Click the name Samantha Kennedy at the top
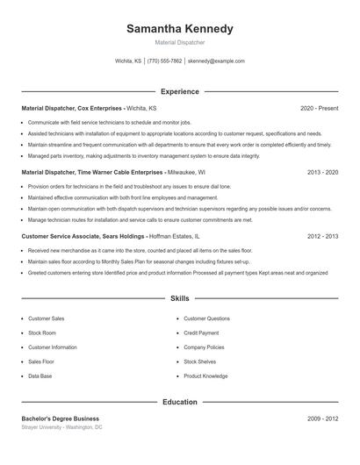pyautogui.click(x=180, y=29)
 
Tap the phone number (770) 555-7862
pyautogui.click(x=164, y=61)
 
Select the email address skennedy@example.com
pyautogui.click(x=216, y=61)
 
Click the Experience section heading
pyautogui.click(x=180, y=91)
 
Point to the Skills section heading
pyautogui.click(x=180, y=299)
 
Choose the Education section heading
pyautogui.click(x=180, y=402)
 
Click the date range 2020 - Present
pyautogui.click(x=319, y=108)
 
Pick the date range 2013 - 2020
pyautogui.click(x=322, y=173)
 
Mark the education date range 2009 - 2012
pyautogui.click(x=322, y=418)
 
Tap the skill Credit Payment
pyautogui.click(x=201, y=333)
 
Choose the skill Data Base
pyautogui.click(x=40, y=376)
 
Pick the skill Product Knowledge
pyautogui.click(x=206, y=376)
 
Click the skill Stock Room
pyautogui.click(x=41, y=333)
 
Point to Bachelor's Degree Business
pyautogui.click(x=61, y=418)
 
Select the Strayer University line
pyautogui.click(x=61, y=427)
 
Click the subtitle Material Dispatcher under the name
pyautogui.click(x=180, y=41)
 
